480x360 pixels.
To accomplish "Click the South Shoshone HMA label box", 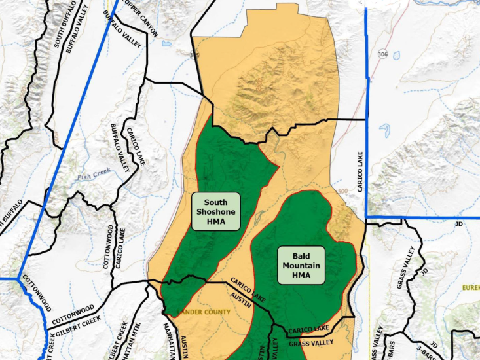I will coord(216,211).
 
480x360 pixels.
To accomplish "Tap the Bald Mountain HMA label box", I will coord(301,264).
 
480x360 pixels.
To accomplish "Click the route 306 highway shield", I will coord(382,53).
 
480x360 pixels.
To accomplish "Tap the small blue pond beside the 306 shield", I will coord(397,56).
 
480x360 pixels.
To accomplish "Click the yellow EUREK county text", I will coord(470,287).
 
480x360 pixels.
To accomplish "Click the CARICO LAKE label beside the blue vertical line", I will coord(360,171).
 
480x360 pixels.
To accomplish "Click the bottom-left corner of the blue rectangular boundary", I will coord(367,217).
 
